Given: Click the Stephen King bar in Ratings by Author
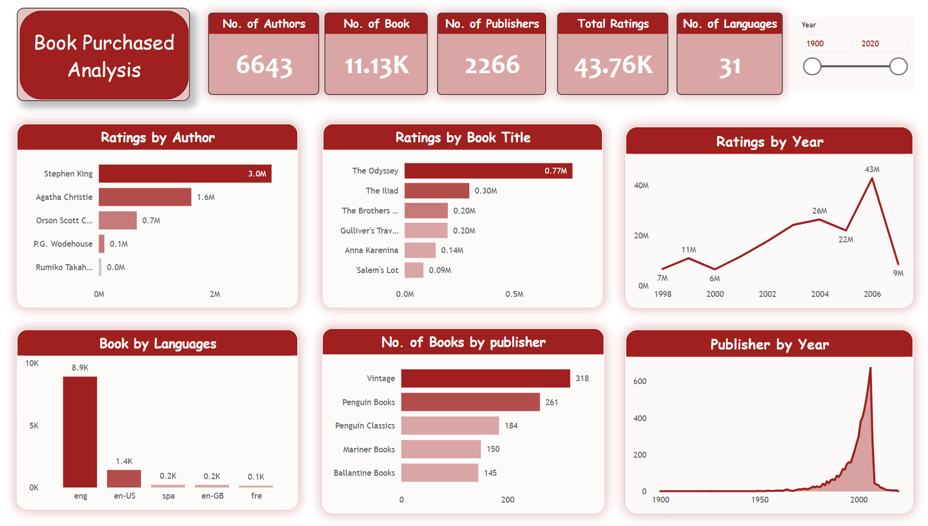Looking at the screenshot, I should click(x=184, y=173).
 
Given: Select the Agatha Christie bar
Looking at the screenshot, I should click(x=145, y=197).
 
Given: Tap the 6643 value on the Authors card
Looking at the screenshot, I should click(x=264, y=65).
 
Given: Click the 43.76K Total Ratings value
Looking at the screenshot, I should click(x=613, y=66).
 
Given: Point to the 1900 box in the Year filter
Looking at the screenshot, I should click(x=826, y=43).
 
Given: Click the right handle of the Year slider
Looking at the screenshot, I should click(x=898, y=67).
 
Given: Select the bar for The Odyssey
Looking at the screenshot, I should click(x=488, y=171).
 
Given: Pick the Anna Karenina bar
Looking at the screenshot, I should click(x=420, y=250).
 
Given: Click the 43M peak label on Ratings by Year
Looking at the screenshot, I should click(x=872, y=169).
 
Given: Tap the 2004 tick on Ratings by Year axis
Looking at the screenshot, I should click(x=820, y=294).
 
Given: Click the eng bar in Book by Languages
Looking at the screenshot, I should click(x=80, y=431).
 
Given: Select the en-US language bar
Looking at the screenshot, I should click(x=124, y=478).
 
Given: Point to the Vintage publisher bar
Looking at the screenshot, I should click(x=485, y=378).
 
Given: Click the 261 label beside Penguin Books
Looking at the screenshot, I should click(x=552, y=402).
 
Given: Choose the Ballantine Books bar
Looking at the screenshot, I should click(x=440, y=473).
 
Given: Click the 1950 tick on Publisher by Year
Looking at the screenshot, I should click(x=760, y=499).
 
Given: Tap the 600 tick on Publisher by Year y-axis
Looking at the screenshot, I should click(x=640, y=381).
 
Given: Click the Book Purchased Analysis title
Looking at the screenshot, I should click(x=104, y=56).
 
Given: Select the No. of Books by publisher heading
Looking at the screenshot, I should click(x=463, y=342).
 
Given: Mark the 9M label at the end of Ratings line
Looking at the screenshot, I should click(x=898, y=273).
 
